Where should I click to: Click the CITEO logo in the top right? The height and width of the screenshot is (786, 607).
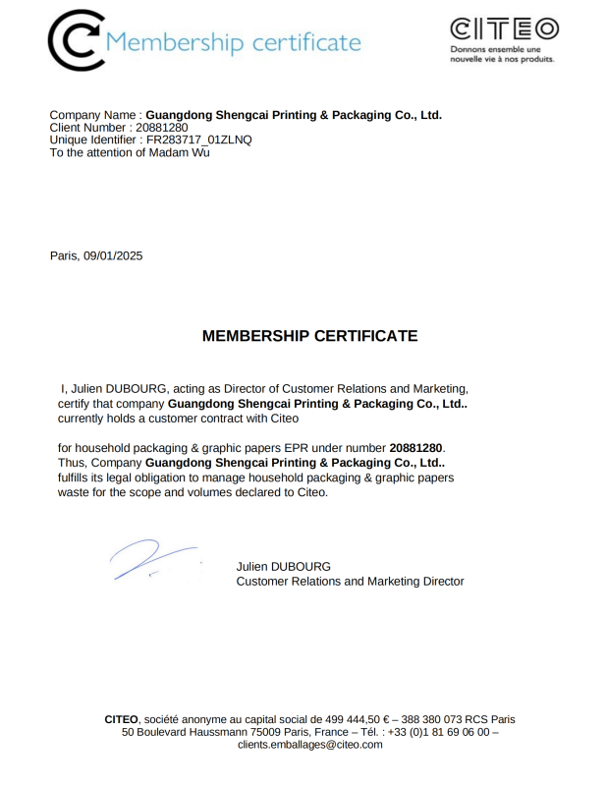504,28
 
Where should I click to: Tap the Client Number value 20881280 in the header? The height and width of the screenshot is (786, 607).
161,128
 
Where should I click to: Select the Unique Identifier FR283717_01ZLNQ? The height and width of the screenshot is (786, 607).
199,140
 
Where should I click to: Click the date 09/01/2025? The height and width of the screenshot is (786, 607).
113,256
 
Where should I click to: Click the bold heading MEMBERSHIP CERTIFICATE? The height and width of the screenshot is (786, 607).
309,336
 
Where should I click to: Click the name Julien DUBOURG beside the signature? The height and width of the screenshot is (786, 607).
283,567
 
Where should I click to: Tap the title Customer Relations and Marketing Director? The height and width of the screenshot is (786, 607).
350,582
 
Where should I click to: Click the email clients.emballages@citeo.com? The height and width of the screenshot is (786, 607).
309,745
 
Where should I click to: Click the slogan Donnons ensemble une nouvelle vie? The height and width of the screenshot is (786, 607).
502,54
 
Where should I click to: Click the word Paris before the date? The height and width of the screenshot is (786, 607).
64,256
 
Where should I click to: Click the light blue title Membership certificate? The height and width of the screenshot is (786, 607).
233,42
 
